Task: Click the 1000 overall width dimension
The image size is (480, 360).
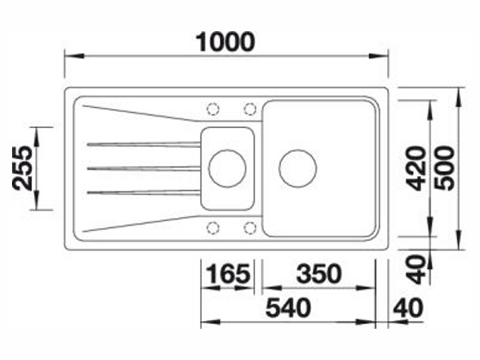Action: tap(225, 42)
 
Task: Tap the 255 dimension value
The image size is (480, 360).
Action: tap(22, 168)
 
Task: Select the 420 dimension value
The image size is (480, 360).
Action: tap(416, 168)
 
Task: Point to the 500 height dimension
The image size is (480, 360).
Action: tap(445, 168)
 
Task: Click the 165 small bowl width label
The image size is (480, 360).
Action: tap(228, 274)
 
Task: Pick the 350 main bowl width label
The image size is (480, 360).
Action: tap(319, 274)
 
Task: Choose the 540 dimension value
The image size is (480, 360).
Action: tap(288, 308)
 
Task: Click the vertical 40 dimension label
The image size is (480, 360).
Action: tap(416, 270)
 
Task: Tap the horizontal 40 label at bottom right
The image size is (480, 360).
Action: tap(408, 308)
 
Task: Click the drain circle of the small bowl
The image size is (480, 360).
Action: tap(227, 168)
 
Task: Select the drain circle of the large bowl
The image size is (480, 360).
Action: tap(298, 168)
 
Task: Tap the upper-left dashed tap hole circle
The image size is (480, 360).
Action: tap(213, 109)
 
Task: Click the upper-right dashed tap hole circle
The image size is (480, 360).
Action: tap(250, 109)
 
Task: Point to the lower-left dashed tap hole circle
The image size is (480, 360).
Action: tap(213, 228)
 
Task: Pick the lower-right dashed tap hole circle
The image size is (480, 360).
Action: tap(250, 228)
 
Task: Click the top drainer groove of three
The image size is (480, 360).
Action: tap(144, 144)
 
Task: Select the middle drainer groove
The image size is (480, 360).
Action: tap(144, 168)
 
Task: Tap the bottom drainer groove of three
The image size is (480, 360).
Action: tap(144, 192)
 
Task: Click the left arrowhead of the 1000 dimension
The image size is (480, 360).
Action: tap(74, 56)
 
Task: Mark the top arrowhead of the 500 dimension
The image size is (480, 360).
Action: tap(458, 97)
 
